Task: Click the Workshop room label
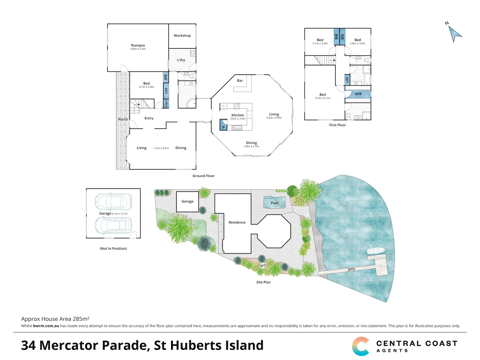(x=182, y=36)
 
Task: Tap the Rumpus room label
(x=138, y=45)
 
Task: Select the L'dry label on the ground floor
(x=181, y=60)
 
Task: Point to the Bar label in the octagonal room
(x=240, y=81)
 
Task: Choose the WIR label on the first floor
(x=358, y=94)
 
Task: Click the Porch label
(x=123, y=119)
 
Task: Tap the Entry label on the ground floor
(x=149, y=118)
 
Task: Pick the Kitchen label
(x=238, y=115)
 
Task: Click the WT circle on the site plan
(x=263, y=266)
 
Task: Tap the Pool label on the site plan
(x=274, y=203)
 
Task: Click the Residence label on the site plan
(x=237, y=222)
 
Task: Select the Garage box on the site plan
(x=187, y=201)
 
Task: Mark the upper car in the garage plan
(x=113, y=201)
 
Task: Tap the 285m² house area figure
(x=81, y=319)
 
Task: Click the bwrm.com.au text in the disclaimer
(x=46, y=326)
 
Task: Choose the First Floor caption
(x=337, y=125)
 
